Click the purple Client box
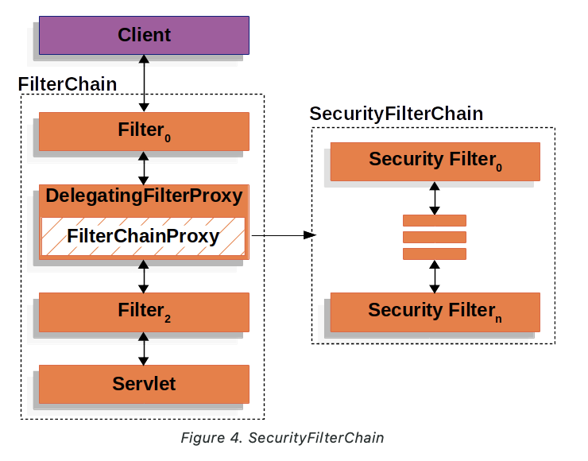pyautogui.click(x=144, y=35)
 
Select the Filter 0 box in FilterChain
pyautogui.click(x=144, y=131)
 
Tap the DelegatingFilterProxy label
pyautogui.click(x=144, y=196)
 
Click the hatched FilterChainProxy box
pyautogui.click(x=144, y=236)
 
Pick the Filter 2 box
pyautogui.click(x=144, y=312)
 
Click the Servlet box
pyautogui.click(x=144, y=384)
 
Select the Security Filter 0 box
pyautogui.click(x=435, y=161)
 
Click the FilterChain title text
pyautogui.click(x=68, y=84)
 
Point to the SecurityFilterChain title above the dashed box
pyautogui.click(x=396, y=114)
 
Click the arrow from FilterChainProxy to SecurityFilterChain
pyautogui.click(x=282, y=235)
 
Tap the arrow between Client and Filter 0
pyautogui.click(x=144, y=83)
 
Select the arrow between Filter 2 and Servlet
pyautogui.click(x=144, y=348)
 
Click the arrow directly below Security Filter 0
pyautogui.click(x=435, y=198)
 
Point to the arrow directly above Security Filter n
pyautogui.click(x=435, y=276)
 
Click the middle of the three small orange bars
pyautogui.click(x=435, y=237)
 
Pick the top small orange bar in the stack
pyautogui.click(x=435, y=220)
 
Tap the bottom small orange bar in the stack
pyautogui.click(x=435, y=254)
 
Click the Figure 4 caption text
pyautogui.click(x=282, y=438)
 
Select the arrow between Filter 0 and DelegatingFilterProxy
pyautogui.click(x=144, y=169)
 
